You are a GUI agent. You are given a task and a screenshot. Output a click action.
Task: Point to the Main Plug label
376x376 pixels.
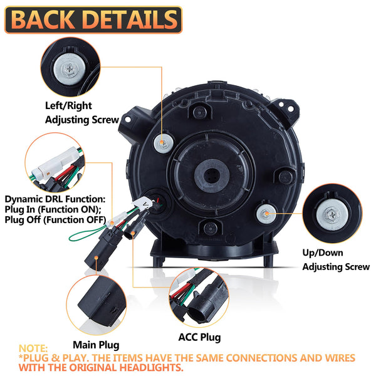(96, 345)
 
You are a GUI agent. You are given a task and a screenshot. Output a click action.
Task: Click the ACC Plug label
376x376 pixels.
(200, 338)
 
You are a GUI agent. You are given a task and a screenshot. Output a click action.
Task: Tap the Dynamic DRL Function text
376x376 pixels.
(55, 200)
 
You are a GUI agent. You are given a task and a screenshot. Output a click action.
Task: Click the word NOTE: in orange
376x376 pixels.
(33, 348)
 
